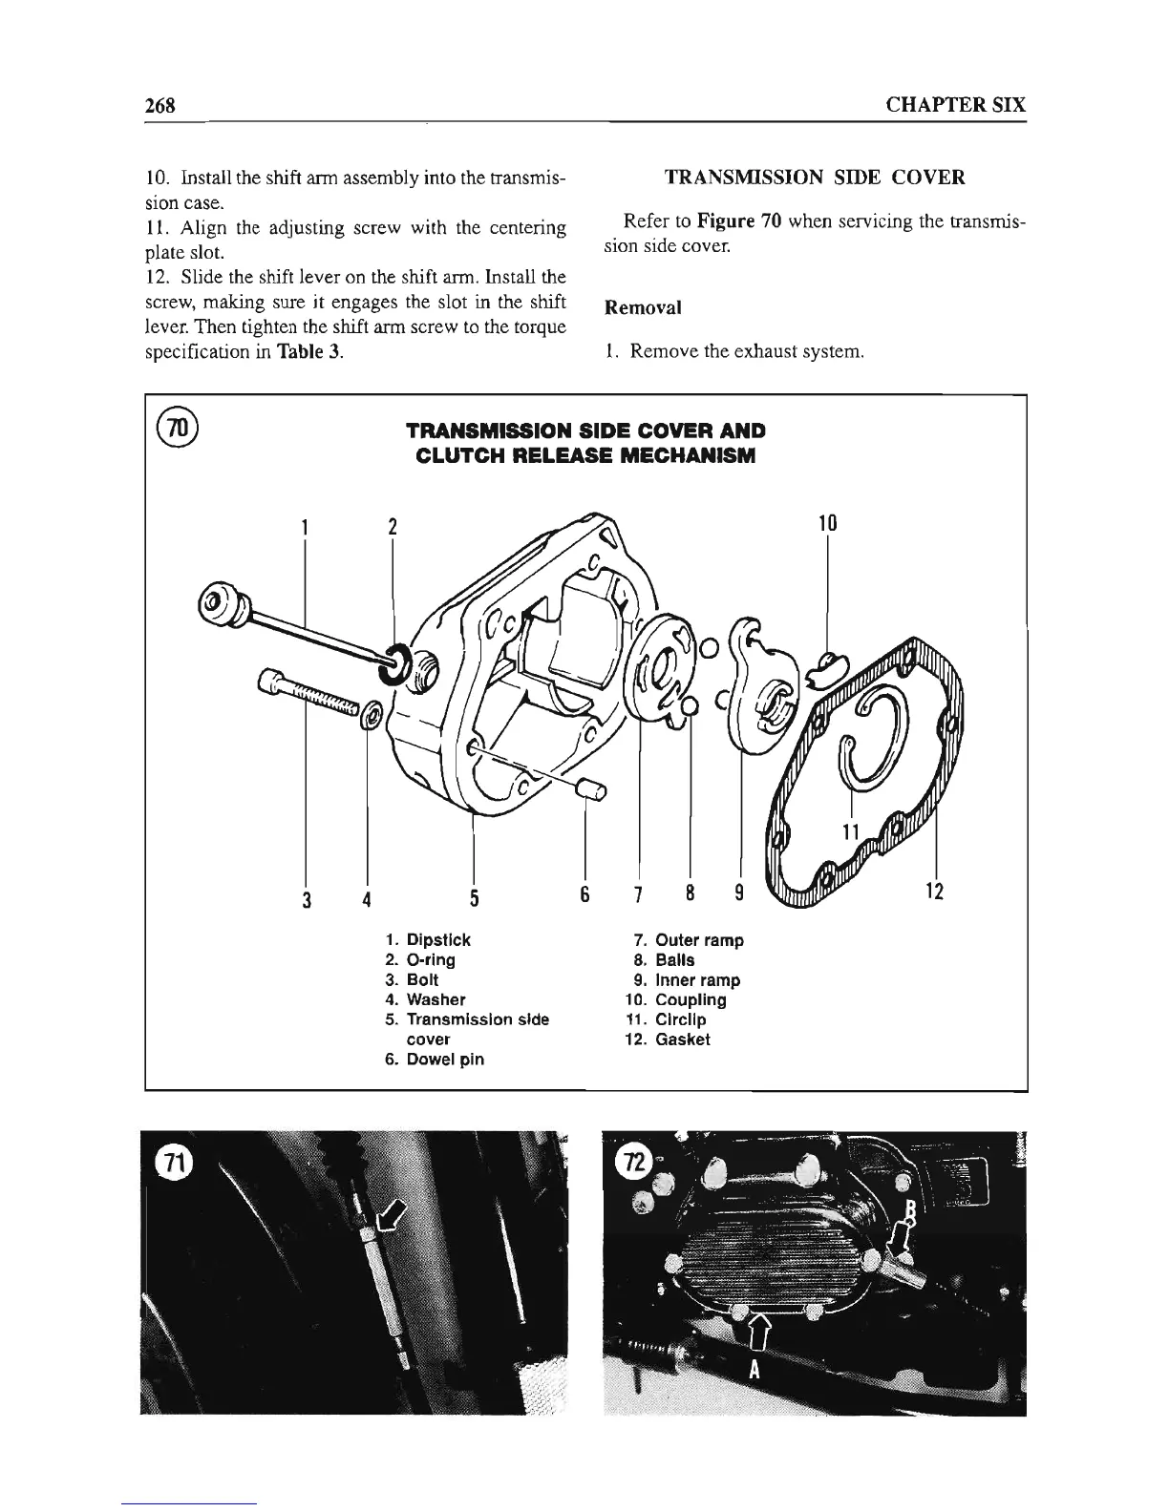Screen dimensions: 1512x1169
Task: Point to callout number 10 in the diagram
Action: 827,523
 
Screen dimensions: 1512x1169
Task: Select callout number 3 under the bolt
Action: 305,898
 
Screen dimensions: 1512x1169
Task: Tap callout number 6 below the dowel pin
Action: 584,896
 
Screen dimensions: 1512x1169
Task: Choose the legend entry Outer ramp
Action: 699,940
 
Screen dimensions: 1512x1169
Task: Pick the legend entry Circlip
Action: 680,1019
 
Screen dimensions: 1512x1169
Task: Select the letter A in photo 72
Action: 755,1371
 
